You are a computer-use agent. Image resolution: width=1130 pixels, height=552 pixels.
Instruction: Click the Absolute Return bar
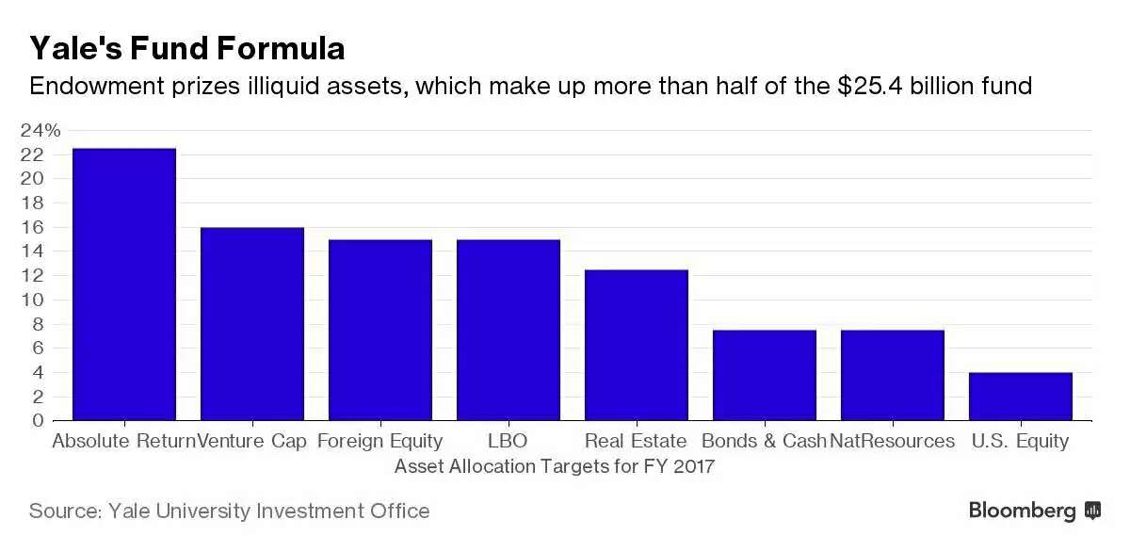click(123, 284)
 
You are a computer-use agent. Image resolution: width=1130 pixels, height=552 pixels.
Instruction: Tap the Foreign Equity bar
click(379, 330)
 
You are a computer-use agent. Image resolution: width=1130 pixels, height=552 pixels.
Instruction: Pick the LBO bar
click(508, 330)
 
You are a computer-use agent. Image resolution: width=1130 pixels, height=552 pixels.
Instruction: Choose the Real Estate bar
click(636, 345)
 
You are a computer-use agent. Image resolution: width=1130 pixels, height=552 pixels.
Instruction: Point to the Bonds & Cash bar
click(764, 375)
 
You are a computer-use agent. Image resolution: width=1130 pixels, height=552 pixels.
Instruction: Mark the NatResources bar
click(892, 375)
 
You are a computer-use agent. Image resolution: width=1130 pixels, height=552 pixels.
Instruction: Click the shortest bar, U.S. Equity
click(1020, 397)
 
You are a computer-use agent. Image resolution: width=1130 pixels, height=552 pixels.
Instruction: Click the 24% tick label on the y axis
click(40, 130)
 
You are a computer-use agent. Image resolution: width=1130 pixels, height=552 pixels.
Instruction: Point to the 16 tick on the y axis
click(33, 227)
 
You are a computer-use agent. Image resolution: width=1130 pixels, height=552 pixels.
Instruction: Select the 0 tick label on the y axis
click(39, 421)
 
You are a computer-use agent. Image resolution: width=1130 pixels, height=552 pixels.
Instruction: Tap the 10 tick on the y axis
click(33, 300)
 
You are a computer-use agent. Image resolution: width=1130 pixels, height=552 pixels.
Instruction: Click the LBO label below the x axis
click(508, 441)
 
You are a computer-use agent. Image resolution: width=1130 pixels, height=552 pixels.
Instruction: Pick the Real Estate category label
click(636, 441)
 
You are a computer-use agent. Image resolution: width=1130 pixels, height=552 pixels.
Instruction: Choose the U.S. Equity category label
click(1022, 441)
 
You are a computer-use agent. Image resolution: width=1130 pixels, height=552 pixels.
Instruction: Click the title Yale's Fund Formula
click(186, 48)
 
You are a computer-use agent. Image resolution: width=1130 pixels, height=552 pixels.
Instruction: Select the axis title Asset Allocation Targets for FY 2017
click(555, 466)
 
